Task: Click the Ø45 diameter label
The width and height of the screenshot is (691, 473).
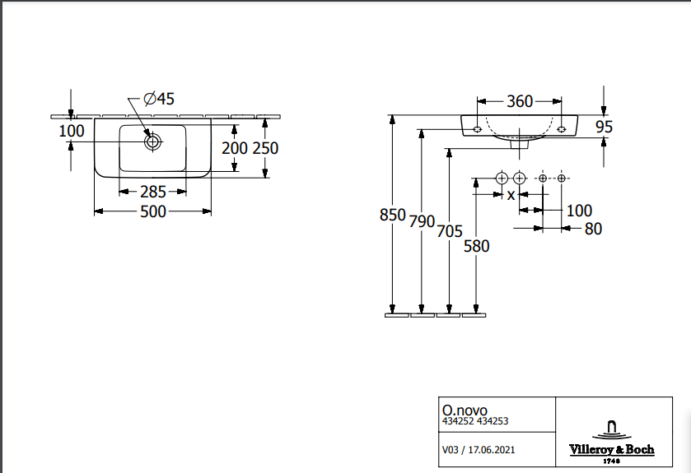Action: (x=159, y=100)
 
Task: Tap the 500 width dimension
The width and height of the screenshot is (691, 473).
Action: (x=153, y=211)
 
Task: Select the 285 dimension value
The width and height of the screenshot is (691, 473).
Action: (x=153, y=192)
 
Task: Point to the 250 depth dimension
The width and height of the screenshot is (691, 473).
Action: (x=265, y=148)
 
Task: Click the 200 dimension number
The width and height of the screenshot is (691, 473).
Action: (x=236, y=148)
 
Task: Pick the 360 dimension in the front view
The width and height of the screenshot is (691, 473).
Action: (x=520, y=101)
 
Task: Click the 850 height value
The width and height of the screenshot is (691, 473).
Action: (x=392, y=215)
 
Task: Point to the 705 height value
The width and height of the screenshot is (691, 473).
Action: (x=449, y=232)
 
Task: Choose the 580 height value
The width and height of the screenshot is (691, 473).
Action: (x=476, y=245)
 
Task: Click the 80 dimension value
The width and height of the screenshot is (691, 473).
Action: (x=593, y=229)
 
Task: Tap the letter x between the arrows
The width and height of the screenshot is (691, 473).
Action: (x=511, y=195)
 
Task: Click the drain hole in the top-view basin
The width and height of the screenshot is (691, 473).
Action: (x=152, y=141)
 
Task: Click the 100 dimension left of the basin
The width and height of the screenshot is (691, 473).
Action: (x=72, y=130)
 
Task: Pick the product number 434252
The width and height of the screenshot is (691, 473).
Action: (x=457, y=421)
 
